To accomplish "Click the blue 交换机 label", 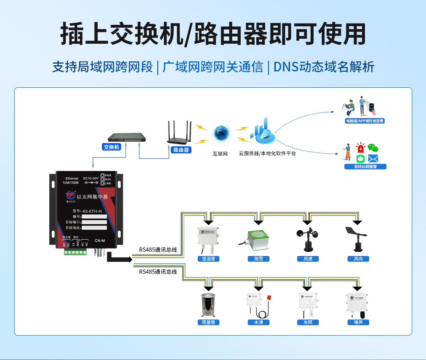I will (111, 147).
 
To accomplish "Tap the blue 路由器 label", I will (181, 150).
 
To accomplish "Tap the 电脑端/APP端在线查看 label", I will (365, 121).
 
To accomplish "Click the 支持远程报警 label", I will (365, 167).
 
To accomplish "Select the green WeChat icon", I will (373, 148).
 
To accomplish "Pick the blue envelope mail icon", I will (373, 159).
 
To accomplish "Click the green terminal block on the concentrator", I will (75, 252).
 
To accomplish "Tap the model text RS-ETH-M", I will (92, 211).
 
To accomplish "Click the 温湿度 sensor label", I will (208, 259).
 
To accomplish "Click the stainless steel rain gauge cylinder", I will (208, 305).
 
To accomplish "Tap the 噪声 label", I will (358, 322).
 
